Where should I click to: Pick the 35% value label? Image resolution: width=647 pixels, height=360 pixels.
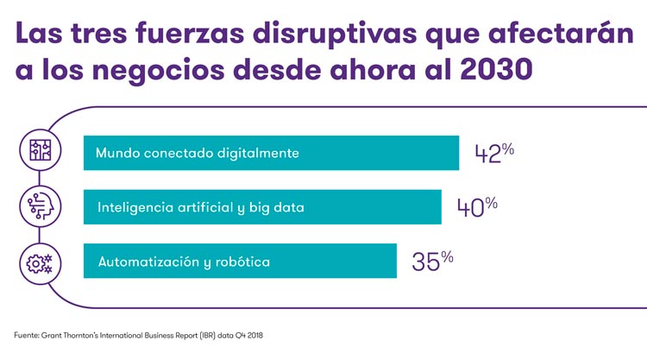(432, 261)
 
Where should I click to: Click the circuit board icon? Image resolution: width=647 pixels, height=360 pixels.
(39, 150)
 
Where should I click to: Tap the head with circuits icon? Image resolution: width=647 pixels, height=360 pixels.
(39, 205)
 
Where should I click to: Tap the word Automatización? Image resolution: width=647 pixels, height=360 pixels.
(148, 261)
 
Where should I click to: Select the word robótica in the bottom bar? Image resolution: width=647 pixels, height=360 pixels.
(244, 261)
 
